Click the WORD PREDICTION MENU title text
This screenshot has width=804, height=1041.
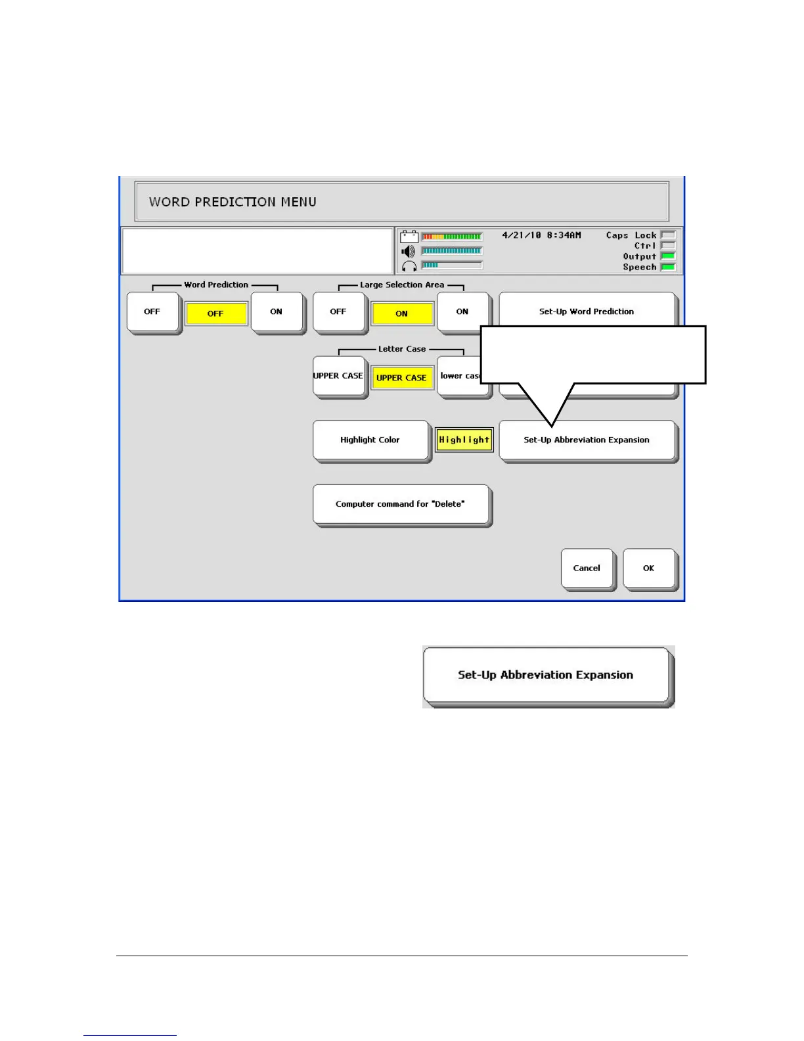tap(233, 202)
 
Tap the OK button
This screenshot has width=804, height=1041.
tap(648, 568)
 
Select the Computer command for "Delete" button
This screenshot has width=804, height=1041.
tap(401, 504)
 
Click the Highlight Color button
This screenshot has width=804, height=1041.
tap(370, 440)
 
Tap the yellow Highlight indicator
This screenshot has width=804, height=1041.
tap(464, 440)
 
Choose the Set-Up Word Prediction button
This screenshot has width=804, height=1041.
tap(586, 311)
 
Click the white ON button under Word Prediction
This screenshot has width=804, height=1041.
tap(277, 312)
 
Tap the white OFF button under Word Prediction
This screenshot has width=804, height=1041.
tap(152, 312)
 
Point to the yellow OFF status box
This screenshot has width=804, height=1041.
tap(215, 313)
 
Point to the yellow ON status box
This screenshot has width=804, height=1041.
tap(402, 313)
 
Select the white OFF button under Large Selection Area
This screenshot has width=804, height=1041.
tap(338, 312)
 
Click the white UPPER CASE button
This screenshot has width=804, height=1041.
tap(338, 376)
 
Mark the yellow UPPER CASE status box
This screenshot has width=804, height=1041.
tap(401, 378)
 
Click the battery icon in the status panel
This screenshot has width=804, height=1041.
tap(409, 237)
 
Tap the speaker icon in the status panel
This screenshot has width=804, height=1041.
tap(409, 252)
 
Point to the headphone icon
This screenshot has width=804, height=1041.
tap(409, 266)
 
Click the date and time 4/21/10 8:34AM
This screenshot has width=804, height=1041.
tap(541, 235)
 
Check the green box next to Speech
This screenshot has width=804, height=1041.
tap(668, 267)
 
